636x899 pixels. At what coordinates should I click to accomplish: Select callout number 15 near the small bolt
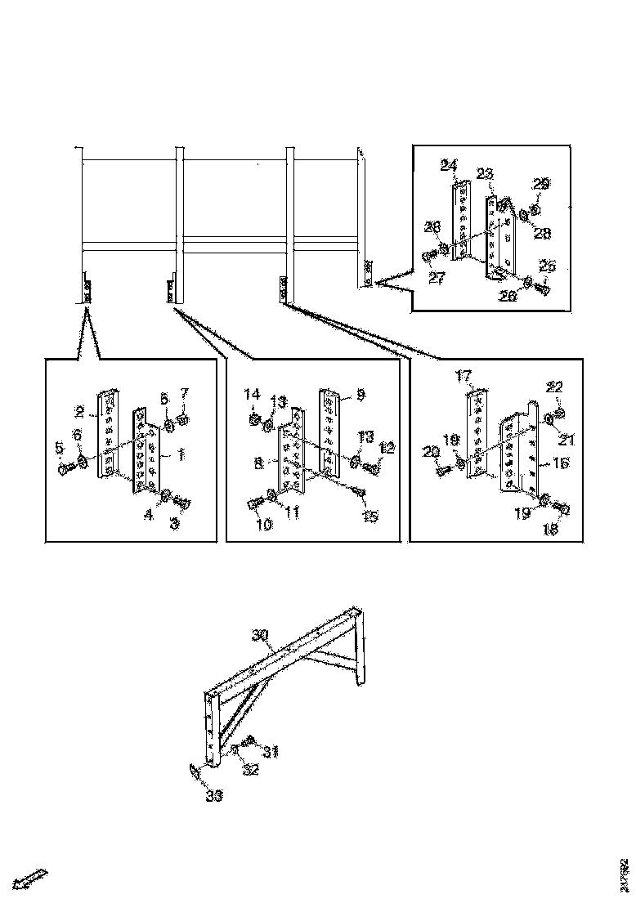click(370, 516)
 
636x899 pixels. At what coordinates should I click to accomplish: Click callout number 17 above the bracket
click(464, 377)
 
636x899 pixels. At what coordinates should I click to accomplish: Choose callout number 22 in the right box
click(554, 387)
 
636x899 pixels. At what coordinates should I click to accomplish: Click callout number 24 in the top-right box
click(448, 166)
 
